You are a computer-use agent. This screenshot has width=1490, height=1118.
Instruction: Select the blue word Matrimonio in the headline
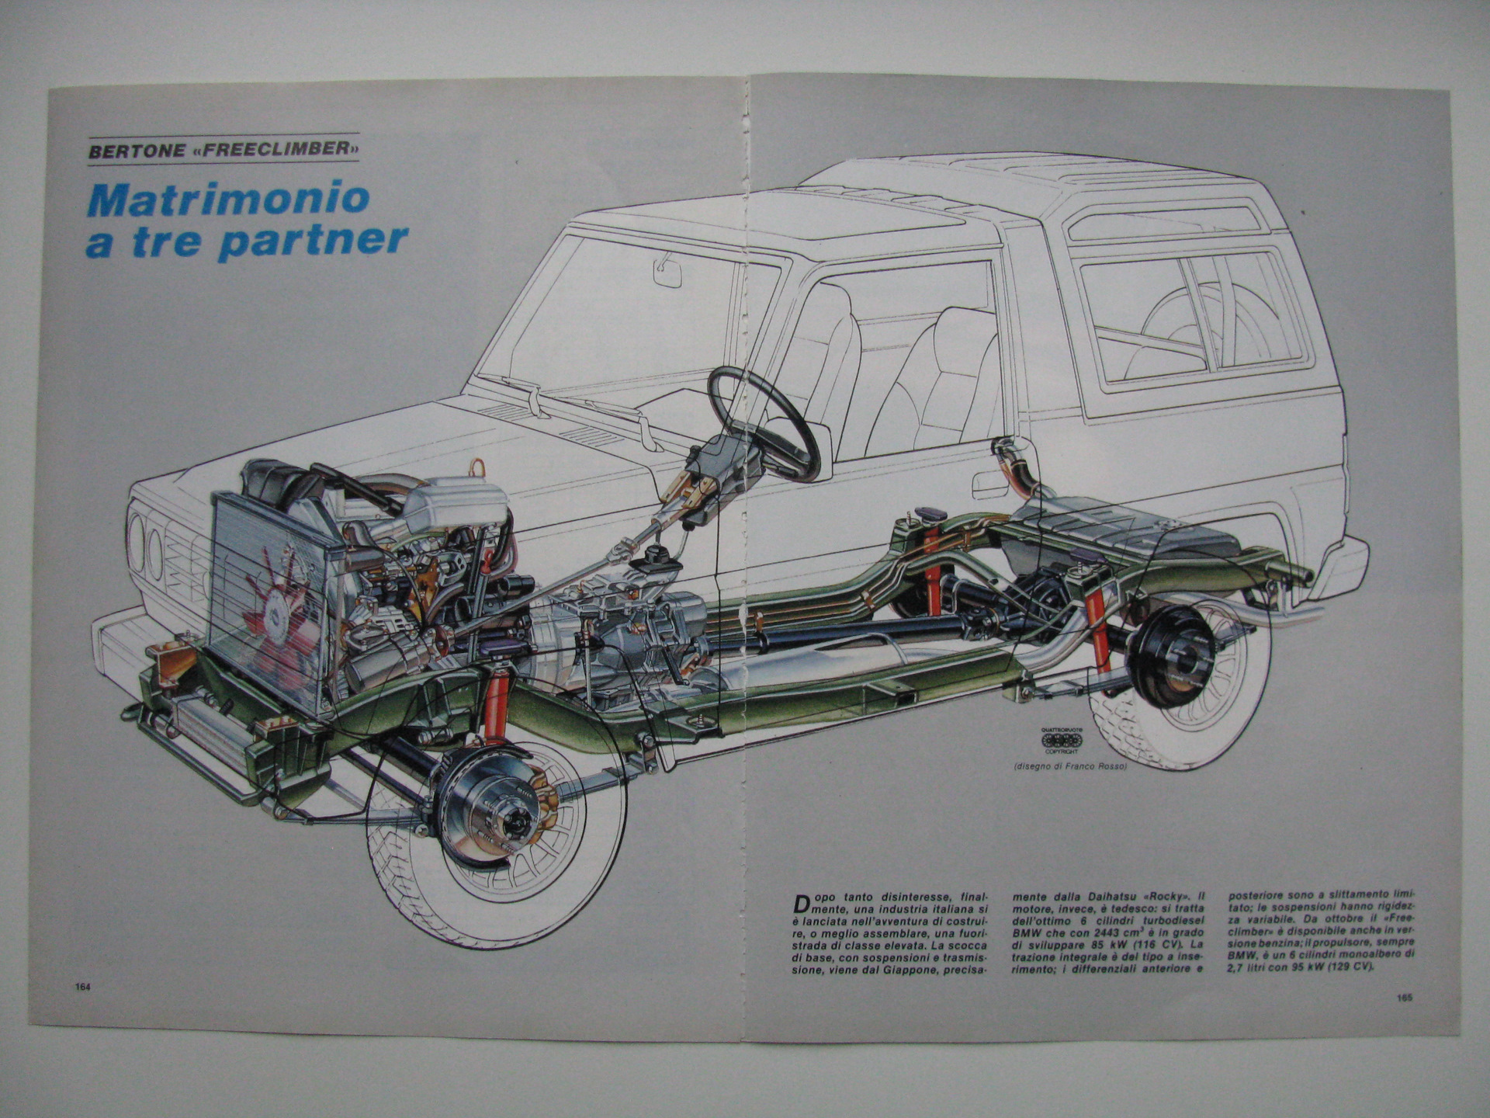click(x=228, y=200)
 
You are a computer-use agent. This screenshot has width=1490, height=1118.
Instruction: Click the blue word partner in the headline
click(x=314, y=241)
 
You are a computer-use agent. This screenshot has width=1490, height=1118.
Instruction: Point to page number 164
click(x=84, y=987)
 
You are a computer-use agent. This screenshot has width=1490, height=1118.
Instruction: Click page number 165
click(x=1403, y=998)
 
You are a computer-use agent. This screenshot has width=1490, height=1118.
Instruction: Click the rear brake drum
click(x=1171, y=656)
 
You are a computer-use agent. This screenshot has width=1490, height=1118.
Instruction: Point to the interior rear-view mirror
click(x=668, y=273)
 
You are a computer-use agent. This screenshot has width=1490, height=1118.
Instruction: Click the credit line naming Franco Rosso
click(x=1069, y=767)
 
